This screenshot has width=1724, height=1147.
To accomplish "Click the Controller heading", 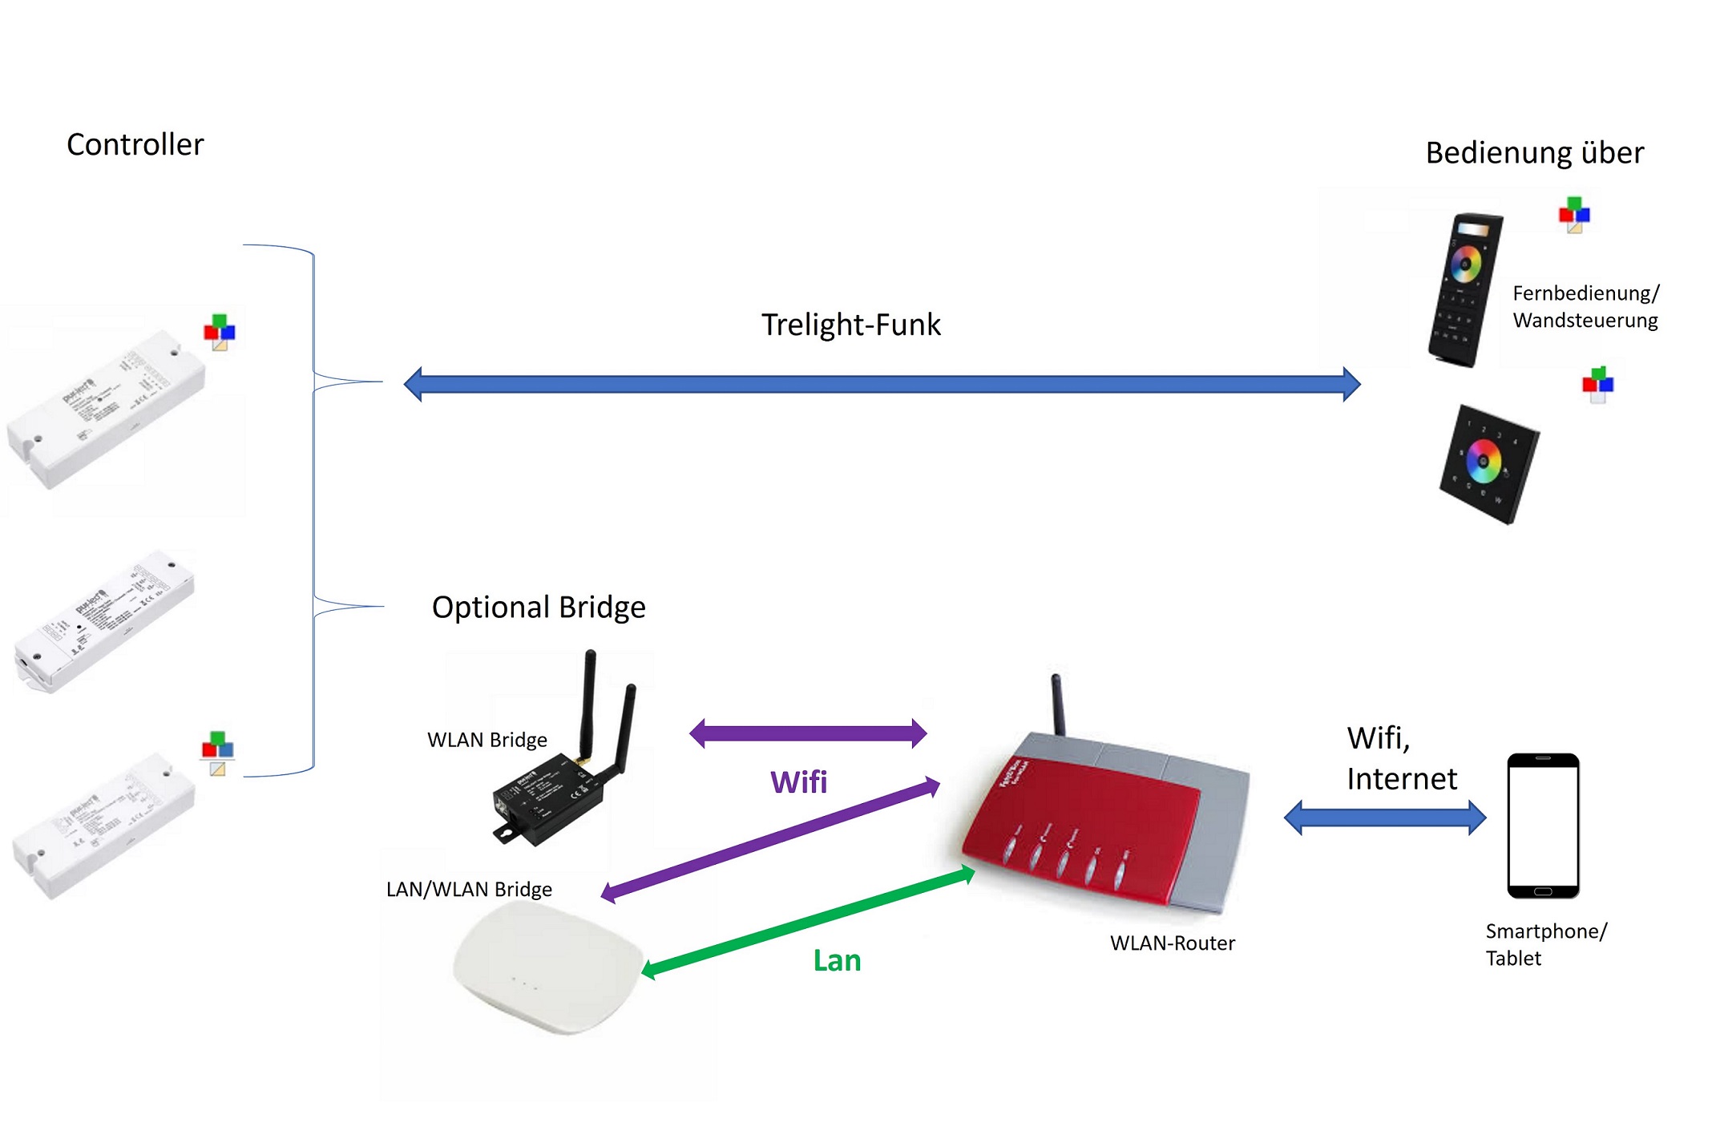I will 135,145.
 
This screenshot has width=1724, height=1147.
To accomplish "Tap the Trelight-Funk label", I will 850,325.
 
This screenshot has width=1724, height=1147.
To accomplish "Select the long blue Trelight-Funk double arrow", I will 882,384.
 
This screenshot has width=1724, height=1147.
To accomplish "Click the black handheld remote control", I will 1464,289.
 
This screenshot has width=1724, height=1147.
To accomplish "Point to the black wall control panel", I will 1488,464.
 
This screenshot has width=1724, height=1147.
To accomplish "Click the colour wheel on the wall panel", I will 1483,462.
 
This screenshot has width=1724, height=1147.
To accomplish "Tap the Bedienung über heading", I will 1533,152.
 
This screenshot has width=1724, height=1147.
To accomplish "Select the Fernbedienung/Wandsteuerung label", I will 1585,306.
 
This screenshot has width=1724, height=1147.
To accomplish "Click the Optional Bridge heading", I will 538,607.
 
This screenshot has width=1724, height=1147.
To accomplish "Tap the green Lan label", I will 836,960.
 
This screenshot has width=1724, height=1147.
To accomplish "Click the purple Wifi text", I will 798,781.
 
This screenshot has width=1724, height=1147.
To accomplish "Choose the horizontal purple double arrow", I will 808,733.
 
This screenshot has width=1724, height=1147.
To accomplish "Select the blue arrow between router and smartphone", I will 1384,818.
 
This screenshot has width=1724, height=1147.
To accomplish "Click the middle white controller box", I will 104,621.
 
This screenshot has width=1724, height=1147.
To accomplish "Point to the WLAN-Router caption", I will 1172,943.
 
